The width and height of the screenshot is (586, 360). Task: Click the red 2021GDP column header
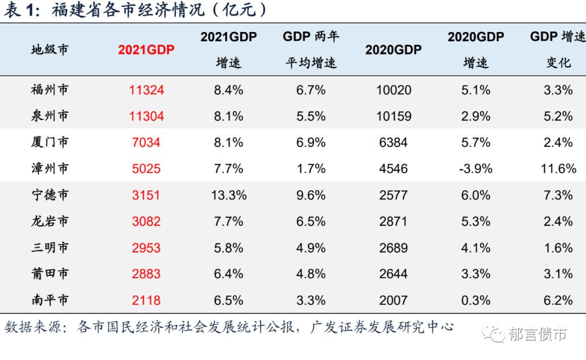[x=146, y=50]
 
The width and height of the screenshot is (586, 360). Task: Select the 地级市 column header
[x=50, y=50]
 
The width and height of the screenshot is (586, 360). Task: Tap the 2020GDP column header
[x=393, y=50]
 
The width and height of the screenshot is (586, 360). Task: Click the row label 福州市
[x=50, y=90]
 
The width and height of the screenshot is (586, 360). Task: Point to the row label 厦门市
[x=50, y=143]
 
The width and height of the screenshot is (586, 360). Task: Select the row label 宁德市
[x=50, y=195]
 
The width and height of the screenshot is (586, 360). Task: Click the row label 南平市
[x=50, y=300]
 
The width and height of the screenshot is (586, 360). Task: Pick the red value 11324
[x=146, y=90]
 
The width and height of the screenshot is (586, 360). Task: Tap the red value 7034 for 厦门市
[x=146, y=143]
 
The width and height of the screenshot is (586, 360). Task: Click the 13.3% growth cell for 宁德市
[x=228, y=195]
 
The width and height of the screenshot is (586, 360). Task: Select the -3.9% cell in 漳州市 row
[x=476, y=169]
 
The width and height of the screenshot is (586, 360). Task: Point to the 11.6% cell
[x=558, y=169]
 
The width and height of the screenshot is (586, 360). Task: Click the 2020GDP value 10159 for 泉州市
[x=393, y=116]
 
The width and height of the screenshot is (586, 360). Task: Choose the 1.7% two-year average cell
[x=311, y=169]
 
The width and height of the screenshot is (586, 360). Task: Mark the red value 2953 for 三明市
[x=146, y=248]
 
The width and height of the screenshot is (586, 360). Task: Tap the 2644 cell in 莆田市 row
[x=393, y=274]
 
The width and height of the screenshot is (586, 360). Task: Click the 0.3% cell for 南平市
[x=476, y=300]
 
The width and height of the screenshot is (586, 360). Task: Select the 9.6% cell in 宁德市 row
[x=311, y=195]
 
